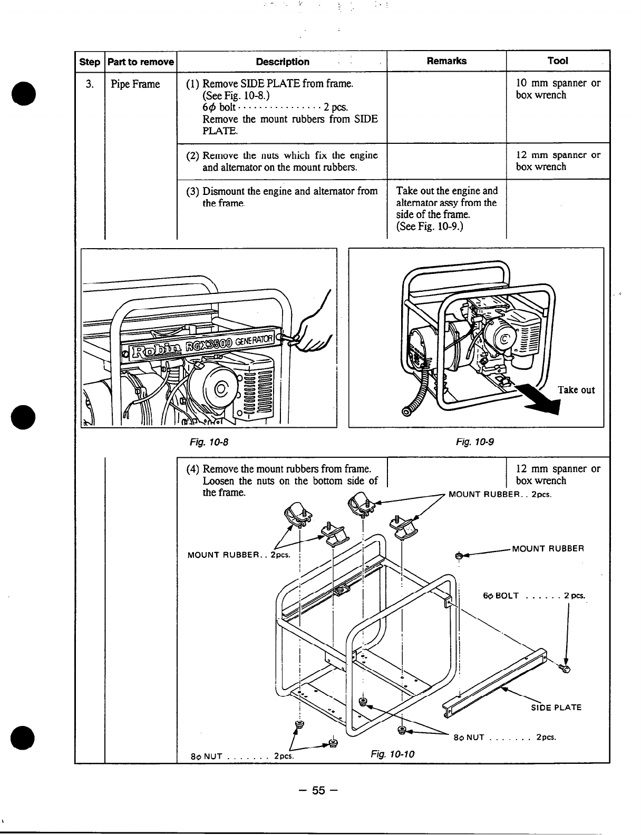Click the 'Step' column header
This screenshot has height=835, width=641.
[89, 62]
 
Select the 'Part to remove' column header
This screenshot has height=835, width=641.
[140, 62]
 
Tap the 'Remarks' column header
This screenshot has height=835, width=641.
[446, 61]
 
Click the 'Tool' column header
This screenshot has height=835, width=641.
[557, 61]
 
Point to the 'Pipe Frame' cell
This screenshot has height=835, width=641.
[135, 84]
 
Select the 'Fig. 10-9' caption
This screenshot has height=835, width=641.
[475, 441]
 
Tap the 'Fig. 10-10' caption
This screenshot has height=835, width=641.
[392, 754]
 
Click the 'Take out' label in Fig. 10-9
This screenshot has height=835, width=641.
[576, 390]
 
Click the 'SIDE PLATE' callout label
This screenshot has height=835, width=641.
[556, 708]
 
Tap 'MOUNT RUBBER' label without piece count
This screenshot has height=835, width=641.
[548, 549]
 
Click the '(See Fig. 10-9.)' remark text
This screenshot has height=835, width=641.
[429, 227]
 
